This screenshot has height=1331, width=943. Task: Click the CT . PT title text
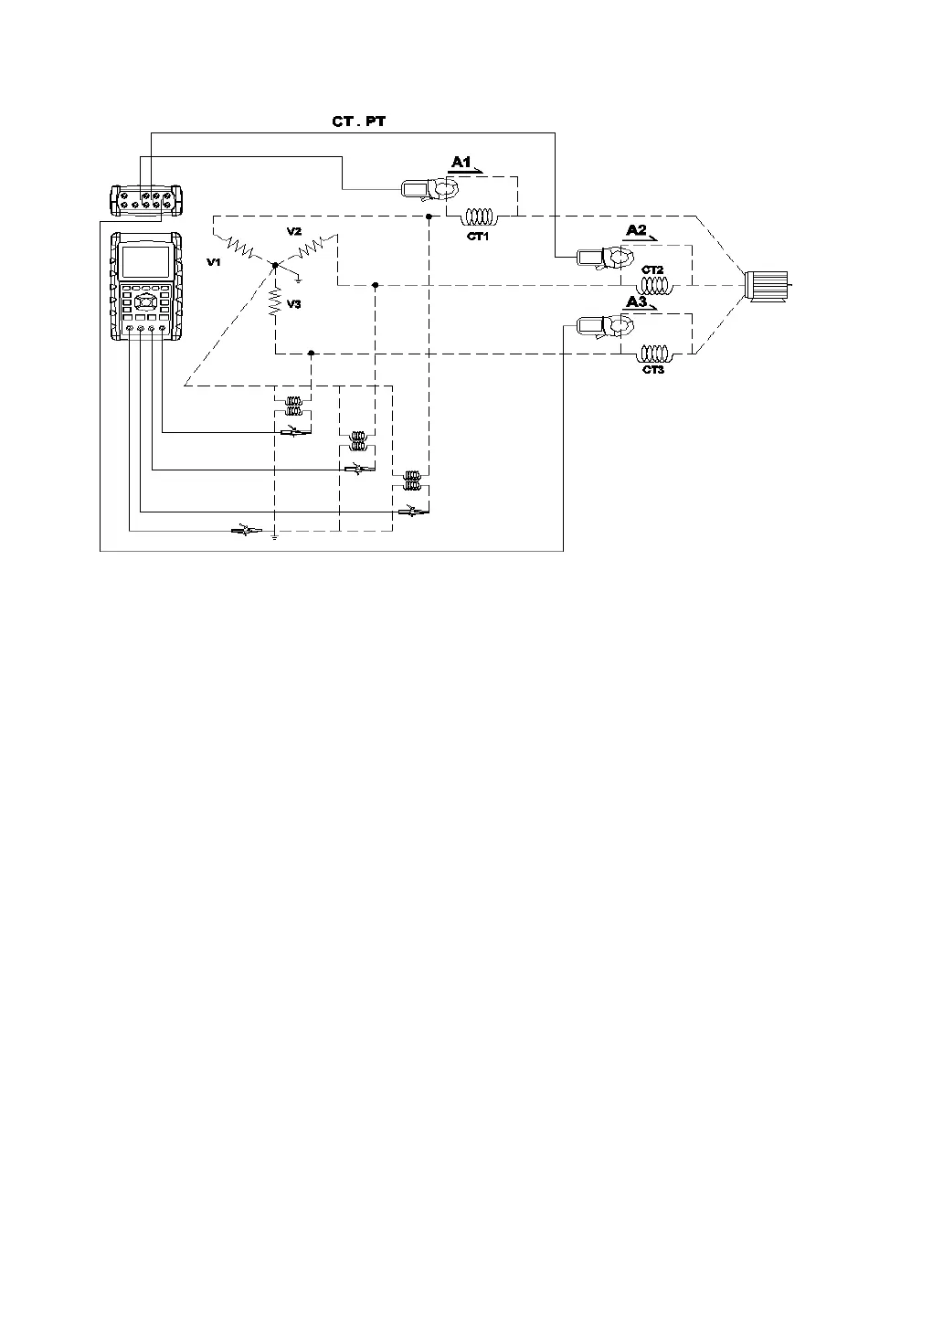click(359, 120)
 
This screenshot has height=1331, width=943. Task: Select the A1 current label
click(461, 162)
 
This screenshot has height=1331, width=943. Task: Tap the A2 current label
click(637, 229)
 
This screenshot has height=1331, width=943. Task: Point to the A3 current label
click(637, 301)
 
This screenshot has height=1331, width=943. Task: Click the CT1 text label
click(478, 237)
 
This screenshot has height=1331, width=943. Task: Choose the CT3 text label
click(652, 369)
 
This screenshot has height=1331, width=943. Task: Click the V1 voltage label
click(213, 262)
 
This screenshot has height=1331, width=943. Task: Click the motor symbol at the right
click(768, 285)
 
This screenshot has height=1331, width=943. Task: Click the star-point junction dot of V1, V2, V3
click(274, 264)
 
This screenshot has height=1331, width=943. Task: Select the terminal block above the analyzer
click(146, 199)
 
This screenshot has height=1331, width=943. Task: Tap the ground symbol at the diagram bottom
click(274, 535)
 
